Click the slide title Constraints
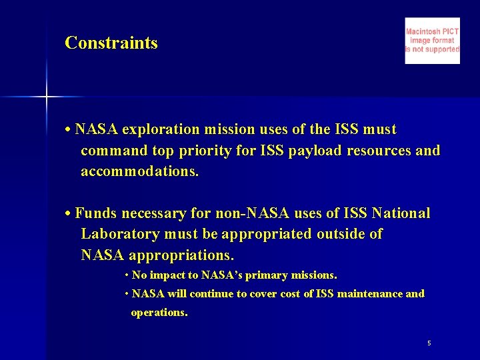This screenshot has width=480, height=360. [111, 43]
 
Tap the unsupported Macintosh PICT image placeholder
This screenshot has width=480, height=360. [432, 41]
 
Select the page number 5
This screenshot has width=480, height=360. [429, 343]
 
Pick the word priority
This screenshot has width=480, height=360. [204, 151]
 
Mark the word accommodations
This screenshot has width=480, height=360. [139, 172]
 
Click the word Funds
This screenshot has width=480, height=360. [96, 214]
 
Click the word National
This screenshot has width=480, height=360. [401, 214]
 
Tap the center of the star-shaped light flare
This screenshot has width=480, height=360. [47, 97]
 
